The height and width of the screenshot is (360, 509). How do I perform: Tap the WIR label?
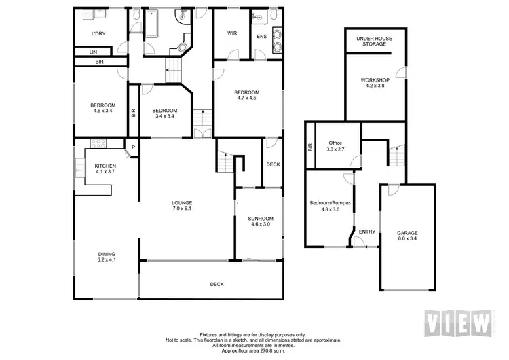coord(231,33)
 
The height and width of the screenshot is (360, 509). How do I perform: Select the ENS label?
coord(261,37)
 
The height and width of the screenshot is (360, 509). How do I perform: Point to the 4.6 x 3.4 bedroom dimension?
coord(102,111)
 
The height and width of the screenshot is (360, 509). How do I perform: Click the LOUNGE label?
coord(182,202)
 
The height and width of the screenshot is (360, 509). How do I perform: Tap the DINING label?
coord(107,255)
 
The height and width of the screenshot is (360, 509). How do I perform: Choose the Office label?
coord(335,143)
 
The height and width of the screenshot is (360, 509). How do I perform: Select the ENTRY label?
coord(367,232)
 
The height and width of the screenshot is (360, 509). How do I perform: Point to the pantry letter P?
coord(133,147)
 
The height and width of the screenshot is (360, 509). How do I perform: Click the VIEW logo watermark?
coord(457,321)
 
